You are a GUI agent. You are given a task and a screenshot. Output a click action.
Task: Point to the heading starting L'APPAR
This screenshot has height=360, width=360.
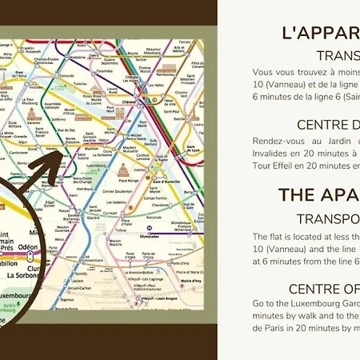click(x=320, y=33)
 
